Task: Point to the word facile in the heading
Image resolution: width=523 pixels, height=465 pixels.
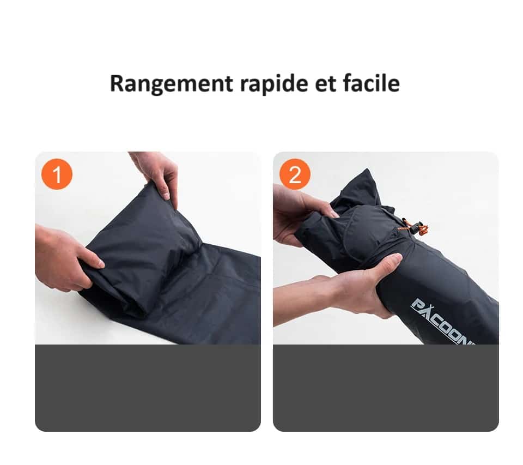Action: [x=372, y=83]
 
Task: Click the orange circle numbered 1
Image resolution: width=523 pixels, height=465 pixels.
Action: [x=57, y=174]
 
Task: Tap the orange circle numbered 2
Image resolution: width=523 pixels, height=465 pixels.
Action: [x=295, y=174]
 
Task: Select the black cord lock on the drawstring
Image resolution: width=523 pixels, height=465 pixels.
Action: [x=416, y=228]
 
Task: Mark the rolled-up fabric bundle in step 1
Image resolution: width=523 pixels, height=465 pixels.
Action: [x=142, y=245]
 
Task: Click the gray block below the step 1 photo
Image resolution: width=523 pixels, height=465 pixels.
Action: [x=148, y=387]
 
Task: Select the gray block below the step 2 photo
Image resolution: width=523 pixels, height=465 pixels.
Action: [x=386, y=387]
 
